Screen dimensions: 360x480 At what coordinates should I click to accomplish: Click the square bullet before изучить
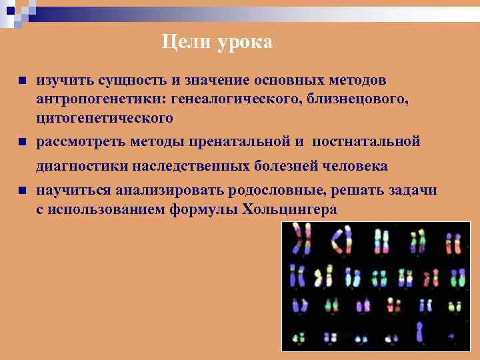click(21, 81)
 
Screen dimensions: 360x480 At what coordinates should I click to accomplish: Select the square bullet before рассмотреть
click(21, 142)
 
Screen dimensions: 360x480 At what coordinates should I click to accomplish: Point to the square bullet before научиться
click(21, 191)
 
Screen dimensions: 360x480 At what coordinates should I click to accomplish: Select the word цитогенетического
click(105, 118)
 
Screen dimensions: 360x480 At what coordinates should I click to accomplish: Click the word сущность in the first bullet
click(130, 81)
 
